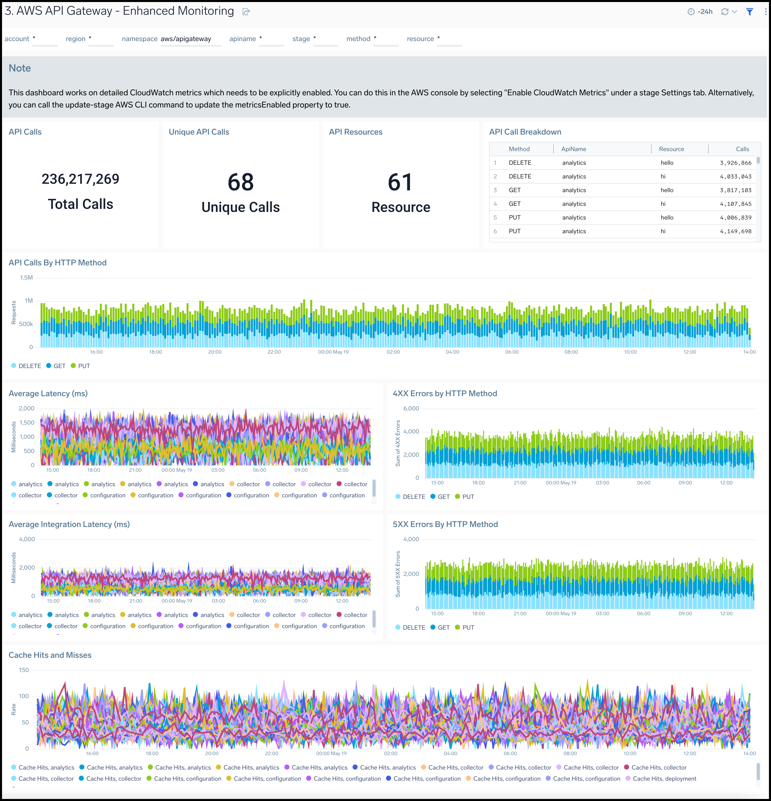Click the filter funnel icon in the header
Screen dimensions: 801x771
click(x=749, y=12)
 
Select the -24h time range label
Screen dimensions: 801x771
click(x=705, y=12)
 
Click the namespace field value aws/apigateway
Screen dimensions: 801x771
click(x=186, y=39)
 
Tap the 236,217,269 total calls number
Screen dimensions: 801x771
click(x=81, y=179)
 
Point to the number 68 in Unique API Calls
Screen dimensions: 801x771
click(x=241, y=182)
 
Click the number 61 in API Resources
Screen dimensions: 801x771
click(x=400, y=182)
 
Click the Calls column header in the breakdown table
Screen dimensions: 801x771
click(x=742, y=149)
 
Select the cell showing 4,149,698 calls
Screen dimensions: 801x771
click(x=736, y=231)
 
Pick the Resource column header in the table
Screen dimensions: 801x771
click(x=671, y=149)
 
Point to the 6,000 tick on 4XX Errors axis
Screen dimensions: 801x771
click(x=411, y=409)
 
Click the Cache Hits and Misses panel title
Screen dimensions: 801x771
click(x=50, y=655)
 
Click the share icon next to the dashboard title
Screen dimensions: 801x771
click(x=246, y=12)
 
